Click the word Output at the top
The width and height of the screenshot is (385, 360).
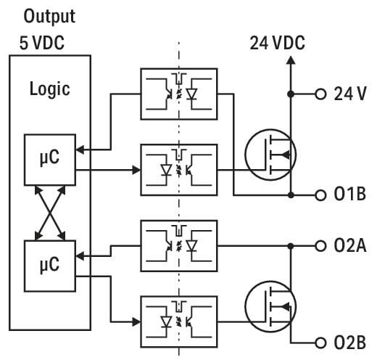click(x=49, y=17)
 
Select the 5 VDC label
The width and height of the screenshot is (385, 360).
click(x=42, y=43)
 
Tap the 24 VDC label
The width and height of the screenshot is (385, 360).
click(x=278, y=43)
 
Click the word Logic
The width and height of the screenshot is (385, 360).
click(x=49, y=89)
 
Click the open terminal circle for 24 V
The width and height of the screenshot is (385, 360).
click(x=320, y=94)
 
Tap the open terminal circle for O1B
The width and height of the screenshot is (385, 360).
click(x=320, y=195)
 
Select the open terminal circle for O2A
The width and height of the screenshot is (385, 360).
click(x=320, y=246)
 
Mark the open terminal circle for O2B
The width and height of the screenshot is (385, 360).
click(x=320, y=343)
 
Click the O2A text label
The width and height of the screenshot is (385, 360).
click(x=350, y=246)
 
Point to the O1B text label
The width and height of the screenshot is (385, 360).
click(x=350, y=194)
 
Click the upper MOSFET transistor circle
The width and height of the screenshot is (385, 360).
click(x=246, y=155)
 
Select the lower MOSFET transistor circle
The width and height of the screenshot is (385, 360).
click(x=246, y=306)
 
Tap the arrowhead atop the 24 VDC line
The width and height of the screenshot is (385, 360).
click(x=291, y=60)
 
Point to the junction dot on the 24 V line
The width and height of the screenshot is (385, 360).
click(x=291, y=94)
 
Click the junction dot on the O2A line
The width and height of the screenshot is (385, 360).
click(x=291, y=246)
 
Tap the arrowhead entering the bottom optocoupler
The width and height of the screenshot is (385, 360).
click(x=136, y=322)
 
